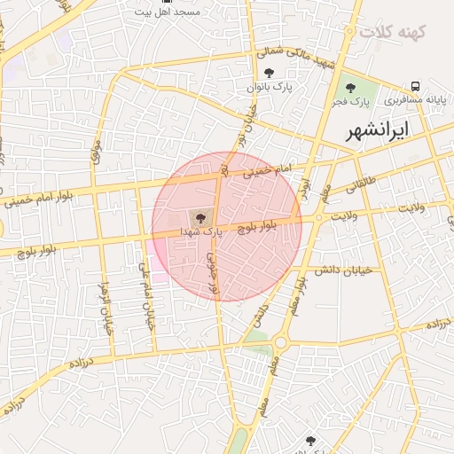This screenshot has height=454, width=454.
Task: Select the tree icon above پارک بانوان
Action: [x=270, y=73]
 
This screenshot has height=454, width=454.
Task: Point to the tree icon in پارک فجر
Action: [x=351, y=87]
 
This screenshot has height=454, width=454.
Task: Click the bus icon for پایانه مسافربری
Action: [x=415, y=87]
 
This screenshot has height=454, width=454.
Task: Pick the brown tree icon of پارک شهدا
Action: [x=200, y=217]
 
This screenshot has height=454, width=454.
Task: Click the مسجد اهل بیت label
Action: [x=169, y=12]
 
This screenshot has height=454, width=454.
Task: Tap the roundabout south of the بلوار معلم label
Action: [x=280, y=341]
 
